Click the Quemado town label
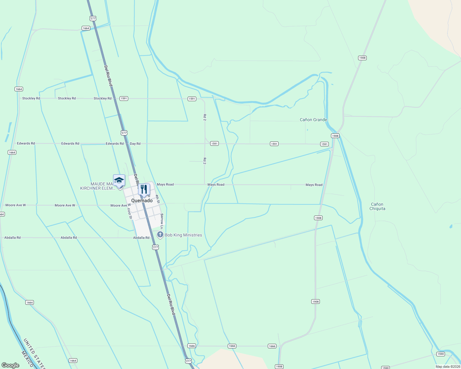coord(142,201)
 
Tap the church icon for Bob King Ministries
coord(160,235)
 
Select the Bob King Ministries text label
coord(183,235)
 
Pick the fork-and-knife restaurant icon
coord(144,189)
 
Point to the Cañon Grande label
coord(313,120)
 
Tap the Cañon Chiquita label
coord(377,206)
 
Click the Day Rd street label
coord(135,144)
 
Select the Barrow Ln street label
coord(162,219)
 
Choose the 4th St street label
coord(157,199)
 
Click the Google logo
coord(10,365)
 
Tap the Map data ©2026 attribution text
coord(447,367)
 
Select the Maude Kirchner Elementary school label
coord(98,186)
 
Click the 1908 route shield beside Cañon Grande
coord(335,136)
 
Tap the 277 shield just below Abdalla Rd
coord(155,247)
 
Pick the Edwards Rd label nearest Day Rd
coord(115,144)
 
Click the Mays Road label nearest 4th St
coord(165,184)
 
